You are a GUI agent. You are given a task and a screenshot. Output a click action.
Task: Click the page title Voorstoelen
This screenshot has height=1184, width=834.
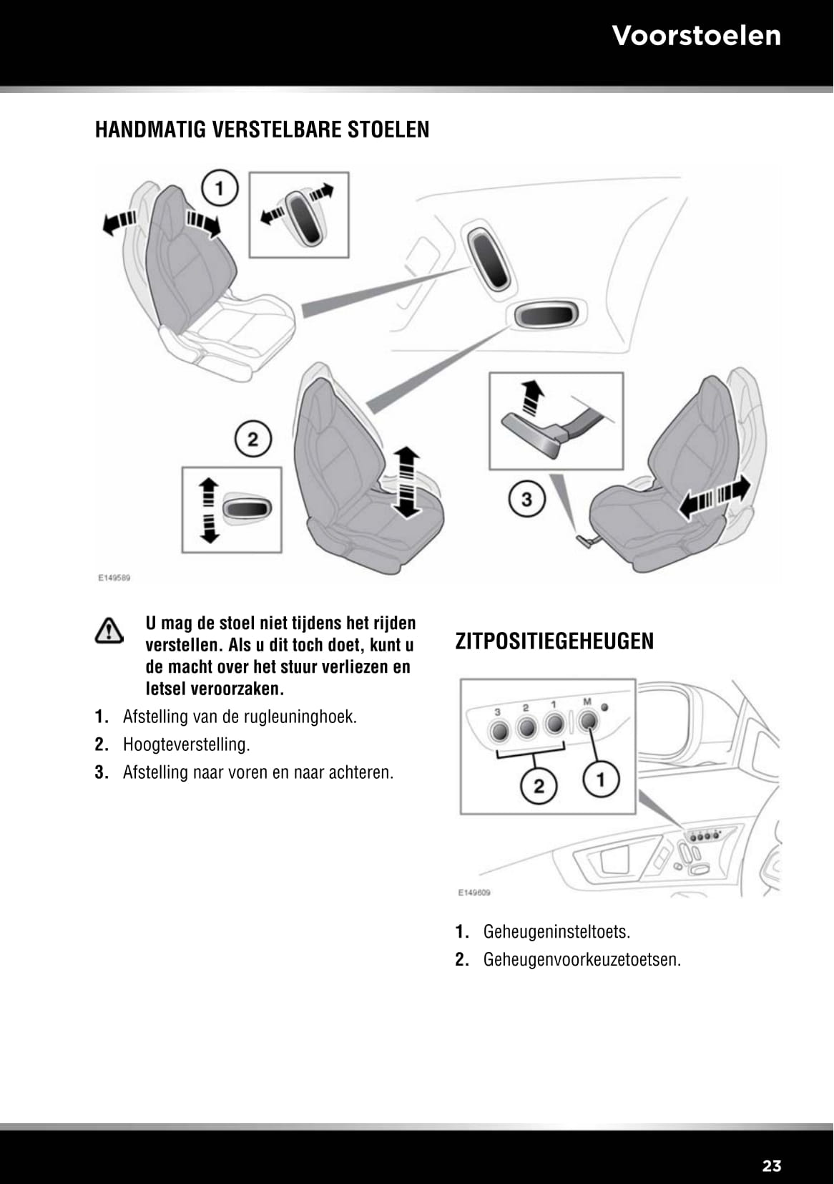coord(696,36)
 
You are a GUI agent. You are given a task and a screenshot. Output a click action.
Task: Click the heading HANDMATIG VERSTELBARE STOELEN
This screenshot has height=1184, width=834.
coord(262,130)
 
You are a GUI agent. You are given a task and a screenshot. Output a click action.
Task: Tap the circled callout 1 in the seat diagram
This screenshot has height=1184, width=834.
coord(220,188)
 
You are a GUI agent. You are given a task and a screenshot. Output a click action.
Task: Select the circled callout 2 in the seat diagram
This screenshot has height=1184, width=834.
coord(253,439)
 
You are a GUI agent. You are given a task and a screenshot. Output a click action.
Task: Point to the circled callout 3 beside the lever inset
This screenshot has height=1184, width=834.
coord(527,498)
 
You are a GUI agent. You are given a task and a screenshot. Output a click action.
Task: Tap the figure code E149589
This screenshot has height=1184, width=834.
coord(114,577)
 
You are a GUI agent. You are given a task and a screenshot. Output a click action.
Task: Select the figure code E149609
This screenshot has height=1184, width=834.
coord(474,893)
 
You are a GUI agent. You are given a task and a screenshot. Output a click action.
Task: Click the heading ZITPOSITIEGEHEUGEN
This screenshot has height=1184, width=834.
coord(554,641)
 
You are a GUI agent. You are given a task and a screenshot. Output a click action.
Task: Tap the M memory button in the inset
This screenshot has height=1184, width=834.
coord(588,722)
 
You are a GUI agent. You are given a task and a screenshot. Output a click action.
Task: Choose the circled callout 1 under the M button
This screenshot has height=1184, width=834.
coord(601,779)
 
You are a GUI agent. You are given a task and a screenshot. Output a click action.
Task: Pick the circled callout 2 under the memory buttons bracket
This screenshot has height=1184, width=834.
coord(539,785)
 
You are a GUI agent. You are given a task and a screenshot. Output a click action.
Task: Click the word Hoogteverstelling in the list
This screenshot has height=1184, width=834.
coord(186,744)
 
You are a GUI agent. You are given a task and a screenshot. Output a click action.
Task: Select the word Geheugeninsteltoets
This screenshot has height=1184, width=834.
coord(556,932)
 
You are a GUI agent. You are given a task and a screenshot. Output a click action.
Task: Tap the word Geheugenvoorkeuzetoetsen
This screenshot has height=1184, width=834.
coord(582,959)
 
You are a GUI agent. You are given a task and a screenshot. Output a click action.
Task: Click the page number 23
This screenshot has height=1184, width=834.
coord(772,1165)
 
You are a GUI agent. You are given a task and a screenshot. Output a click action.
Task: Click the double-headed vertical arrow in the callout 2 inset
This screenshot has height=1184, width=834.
coord(208,510)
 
